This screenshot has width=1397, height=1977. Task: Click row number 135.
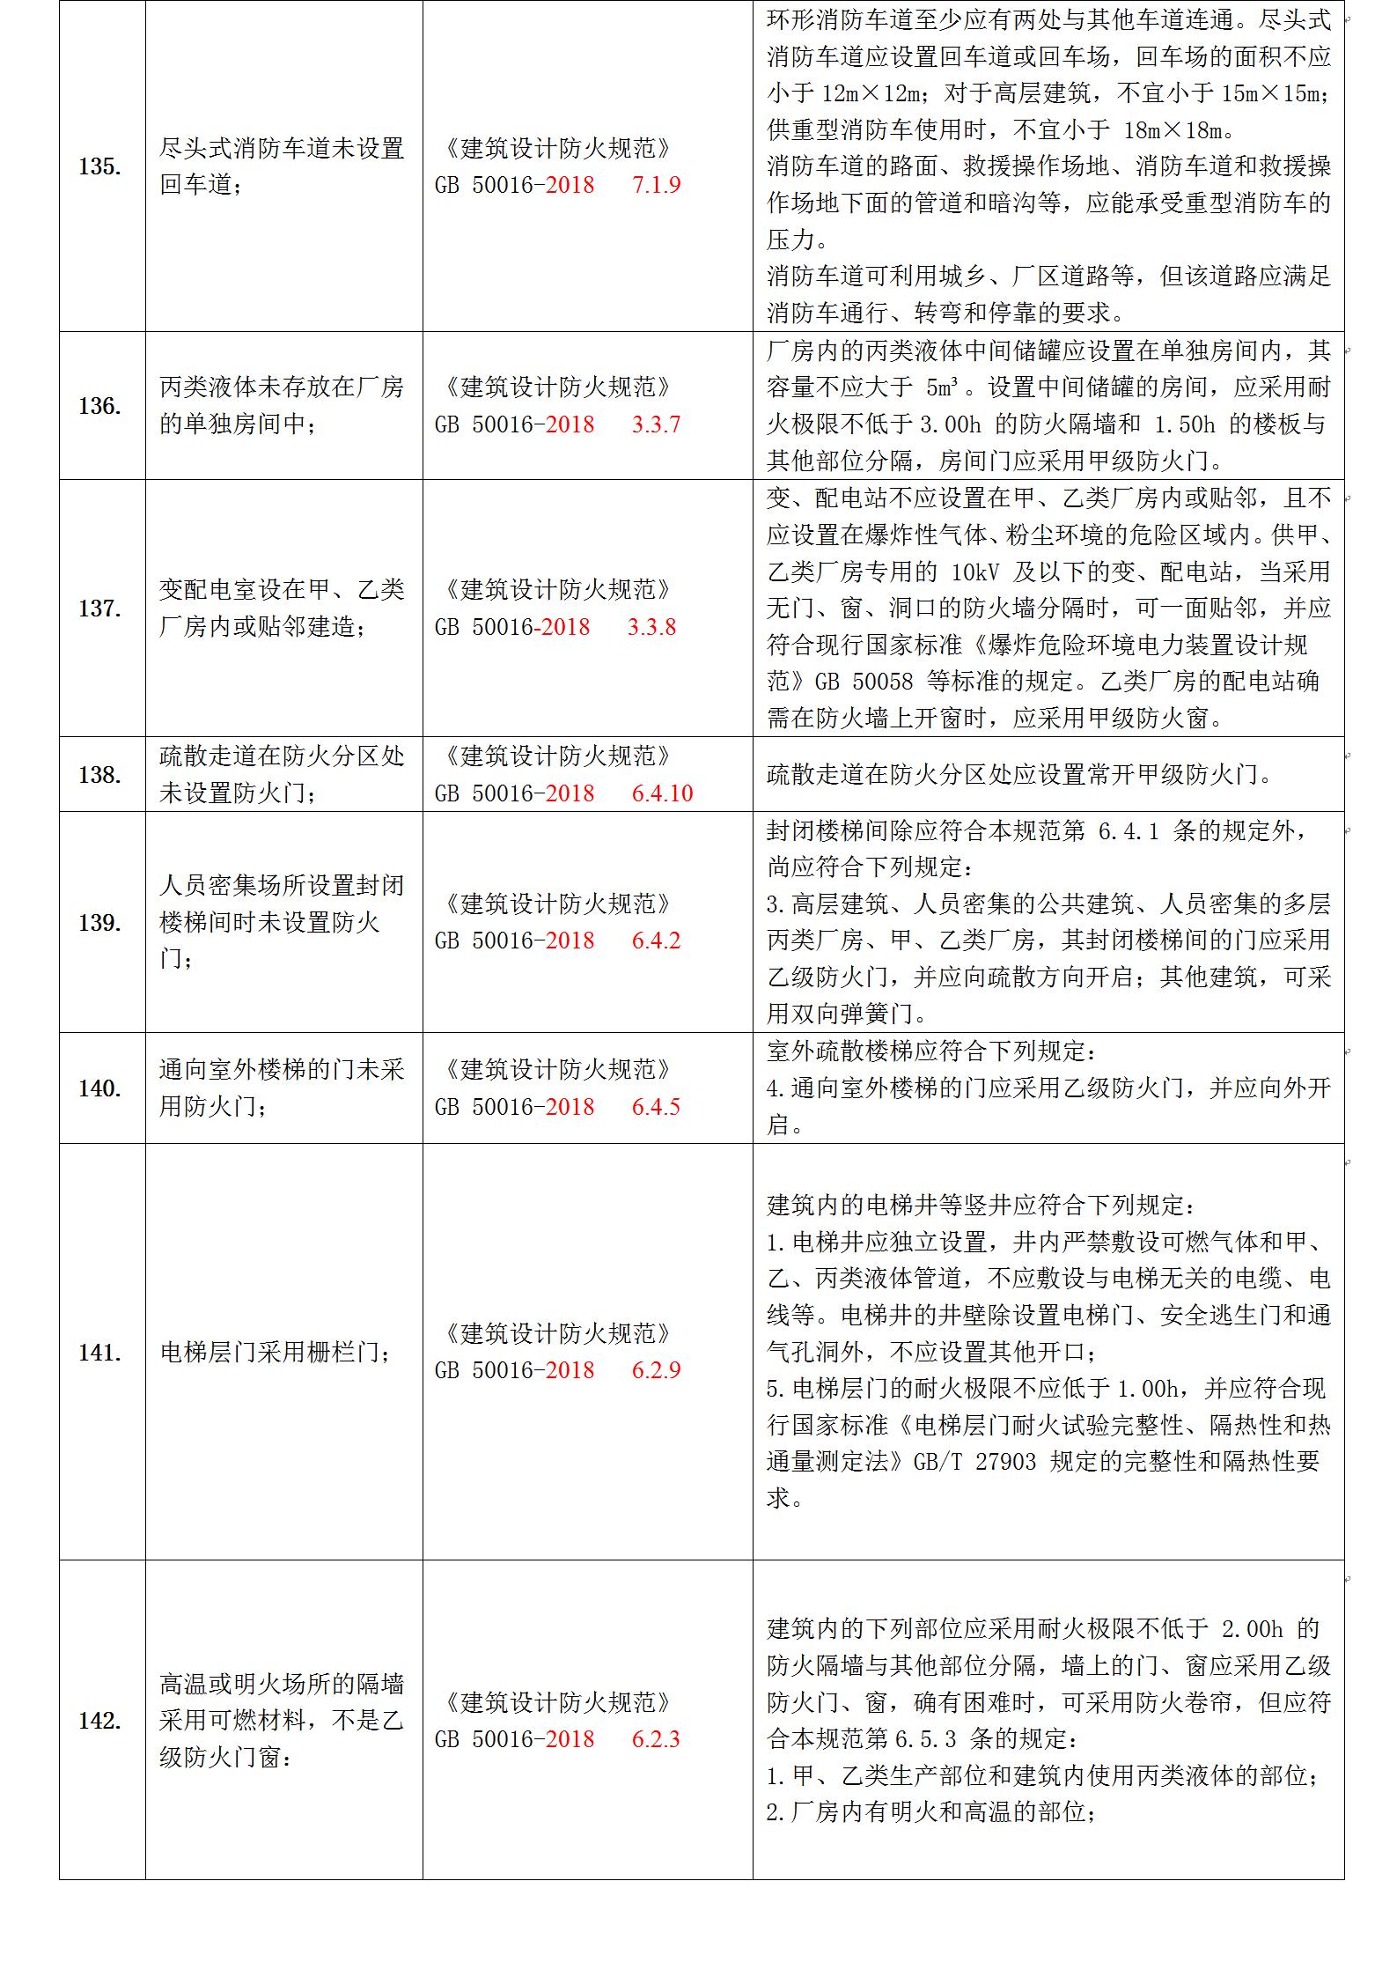click(99, 166)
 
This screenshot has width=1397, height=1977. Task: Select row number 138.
click(99, 775)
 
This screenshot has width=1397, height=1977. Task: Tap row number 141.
click(99, 1352)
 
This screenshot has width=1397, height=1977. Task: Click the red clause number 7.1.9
click(656, 185)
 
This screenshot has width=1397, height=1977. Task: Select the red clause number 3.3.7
click(656, 424)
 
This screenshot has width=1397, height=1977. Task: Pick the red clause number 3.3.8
click(651, 627)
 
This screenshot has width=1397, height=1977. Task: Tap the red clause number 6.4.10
click(662, 793)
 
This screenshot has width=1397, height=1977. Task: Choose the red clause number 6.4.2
click(656, 941)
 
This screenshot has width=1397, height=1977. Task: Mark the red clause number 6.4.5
click(656, 1107)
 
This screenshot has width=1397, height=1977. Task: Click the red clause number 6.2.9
click(656, 1370)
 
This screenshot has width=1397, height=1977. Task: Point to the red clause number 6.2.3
click(656, 1739)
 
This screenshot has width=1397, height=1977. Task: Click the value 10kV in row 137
click(974, 572)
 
